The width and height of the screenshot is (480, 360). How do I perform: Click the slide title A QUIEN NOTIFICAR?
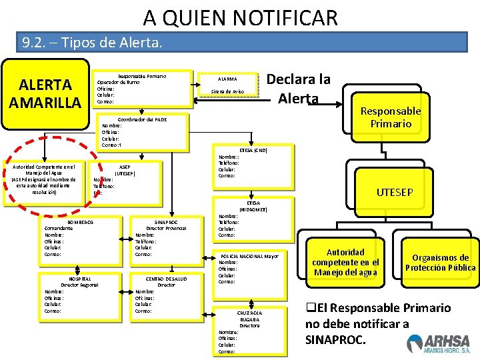pyautogui.click(x=240, y=17)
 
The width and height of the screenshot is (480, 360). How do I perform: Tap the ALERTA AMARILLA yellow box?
pyautogui.click(x=45, y=94)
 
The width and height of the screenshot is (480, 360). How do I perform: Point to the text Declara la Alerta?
pyautogui.click(x=298, y=89)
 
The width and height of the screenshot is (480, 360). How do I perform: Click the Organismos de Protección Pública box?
pyautogui.click(x=440, y=263)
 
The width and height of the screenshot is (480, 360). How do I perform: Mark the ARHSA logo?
pyautogui.click(x=438, y=343)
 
